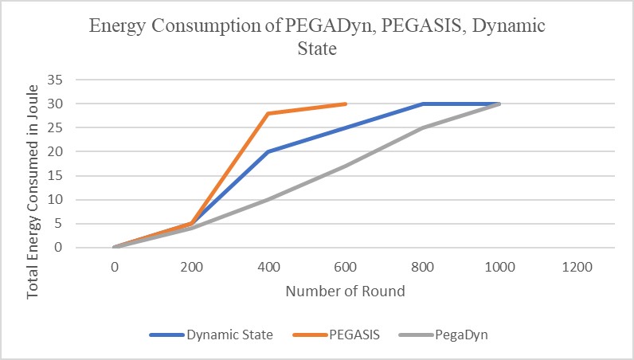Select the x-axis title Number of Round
[x=346, y=291]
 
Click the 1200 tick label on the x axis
[x=577, y=268]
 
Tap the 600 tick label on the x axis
[x=346, y=268]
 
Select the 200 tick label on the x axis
[x=192, y=268]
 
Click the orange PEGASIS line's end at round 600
[x=346, y=104]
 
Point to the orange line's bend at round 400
[x=268, y=113]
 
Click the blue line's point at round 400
[x=268, y=151]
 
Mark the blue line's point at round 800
[x=423, y=104]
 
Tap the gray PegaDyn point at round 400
[x=268, y=199]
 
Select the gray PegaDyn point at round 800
[x=423, y=127]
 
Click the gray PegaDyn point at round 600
[x=346, y=166]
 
